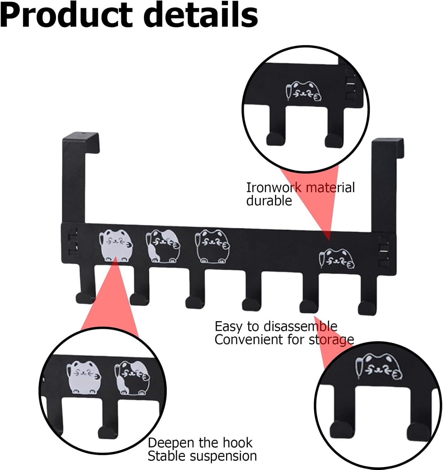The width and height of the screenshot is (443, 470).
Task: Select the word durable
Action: pyautogui.click(x=269, y=201)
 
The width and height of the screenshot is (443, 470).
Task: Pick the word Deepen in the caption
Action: pyautogui.click(x=171, y=443)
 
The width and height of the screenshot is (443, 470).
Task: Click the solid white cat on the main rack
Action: pyautogui.click(x=115, y=245)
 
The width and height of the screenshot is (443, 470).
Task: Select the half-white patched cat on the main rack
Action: pyautogui.click(x=163, y=246)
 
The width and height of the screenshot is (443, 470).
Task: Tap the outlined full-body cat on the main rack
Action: pyautogui.click(x=212, y=246)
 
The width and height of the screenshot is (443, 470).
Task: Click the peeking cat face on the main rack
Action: pyautogui.click(x=337, y=258)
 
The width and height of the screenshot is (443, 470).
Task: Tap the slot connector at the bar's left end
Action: pyautogui.click(x=73, y=242)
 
